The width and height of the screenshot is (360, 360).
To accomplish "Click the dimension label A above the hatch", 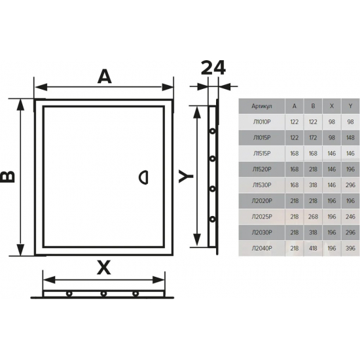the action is [105, 77].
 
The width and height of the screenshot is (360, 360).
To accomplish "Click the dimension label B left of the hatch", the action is [8, 177].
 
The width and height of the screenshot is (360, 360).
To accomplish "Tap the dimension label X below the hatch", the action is [104, 268].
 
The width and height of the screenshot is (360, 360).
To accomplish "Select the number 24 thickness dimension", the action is [213, 67].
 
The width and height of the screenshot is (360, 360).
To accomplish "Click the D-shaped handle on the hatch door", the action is [144, 177].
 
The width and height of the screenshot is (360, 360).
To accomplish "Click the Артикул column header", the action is [262, 106].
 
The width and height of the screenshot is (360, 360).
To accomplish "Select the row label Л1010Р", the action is [262, 122].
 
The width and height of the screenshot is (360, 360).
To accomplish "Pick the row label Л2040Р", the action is [262, 249].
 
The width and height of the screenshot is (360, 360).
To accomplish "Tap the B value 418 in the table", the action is [313, 249].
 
